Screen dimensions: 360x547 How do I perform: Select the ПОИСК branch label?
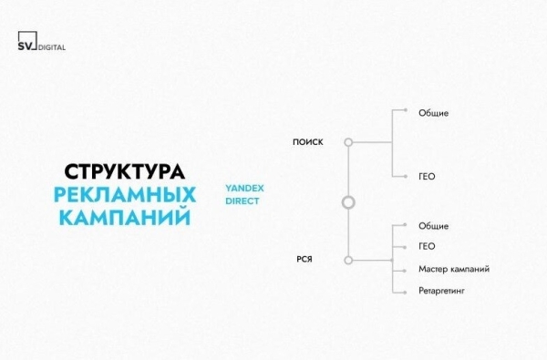tap(307, 142)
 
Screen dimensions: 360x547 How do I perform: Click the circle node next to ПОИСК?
tap(347, 142)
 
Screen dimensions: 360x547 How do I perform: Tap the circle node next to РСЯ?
tap(347, 260)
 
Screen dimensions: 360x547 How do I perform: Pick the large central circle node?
tap(347, 202)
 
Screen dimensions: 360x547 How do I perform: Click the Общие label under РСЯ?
tap(434, 224)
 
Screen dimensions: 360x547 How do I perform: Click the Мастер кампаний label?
tap(454, 269)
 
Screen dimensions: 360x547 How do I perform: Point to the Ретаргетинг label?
tap(443, 292)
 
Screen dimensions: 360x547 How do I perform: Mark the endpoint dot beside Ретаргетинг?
tap(393, 292)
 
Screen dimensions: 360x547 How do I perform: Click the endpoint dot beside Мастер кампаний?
tap(393, 269)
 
